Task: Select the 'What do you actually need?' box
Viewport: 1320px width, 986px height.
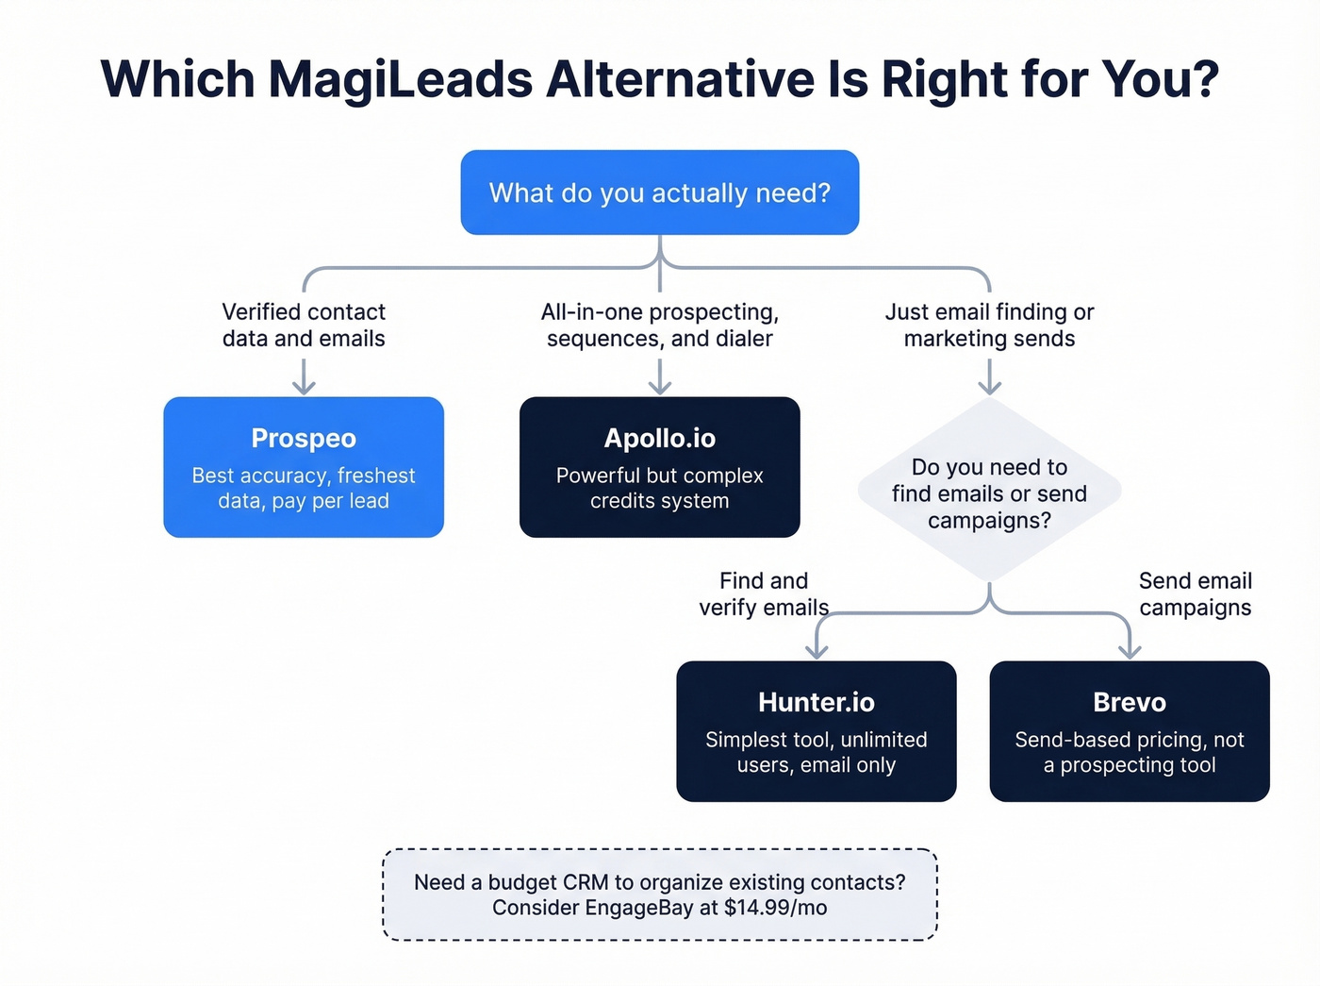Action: point(659,192)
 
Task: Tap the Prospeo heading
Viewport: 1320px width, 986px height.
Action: point(304,439)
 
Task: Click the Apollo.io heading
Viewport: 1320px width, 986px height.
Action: point(659,439)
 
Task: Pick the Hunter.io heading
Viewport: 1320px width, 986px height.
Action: point(816,703)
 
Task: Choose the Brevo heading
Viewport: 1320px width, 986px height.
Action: point(1129,703)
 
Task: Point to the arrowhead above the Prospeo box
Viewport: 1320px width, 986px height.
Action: point(304,386)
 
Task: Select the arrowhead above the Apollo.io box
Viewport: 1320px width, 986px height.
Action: point(660,386)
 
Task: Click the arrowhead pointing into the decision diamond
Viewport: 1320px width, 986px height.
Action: point(989,386)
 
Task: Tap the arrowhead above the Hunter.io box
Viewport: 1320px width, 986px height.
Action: point(817,650)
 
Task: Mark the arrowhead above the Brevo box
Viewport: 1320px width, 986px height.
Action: point(1130,650)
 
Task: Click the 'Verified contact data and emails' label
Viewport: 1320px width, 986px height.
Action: point(304,325)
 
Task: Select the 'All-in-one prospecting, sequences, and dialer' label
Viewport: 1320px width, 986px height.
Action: point(659,325)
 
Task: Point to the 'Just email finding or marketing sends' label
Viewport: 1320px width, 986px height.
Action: point(989,325)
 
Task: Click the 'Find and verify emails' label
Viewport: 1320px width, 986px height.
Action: point(764,593)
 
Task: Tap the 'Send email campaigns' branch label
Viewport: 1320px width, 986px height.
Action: point(1195,593)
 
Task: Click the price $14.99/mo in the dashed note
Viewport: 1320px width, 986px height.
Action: point(776,908)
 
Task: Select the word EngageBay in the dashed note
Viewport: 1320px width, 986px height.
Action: point(630,908)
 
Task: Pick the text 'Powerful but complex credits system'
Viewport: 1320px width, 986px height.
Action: point(659,488)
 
